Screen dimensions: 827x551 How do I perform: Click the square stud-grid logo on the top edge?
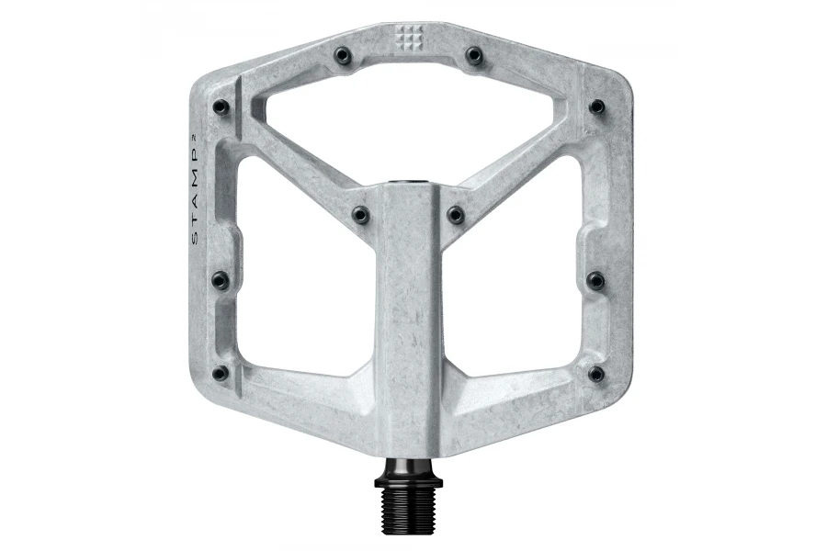click(409, 37)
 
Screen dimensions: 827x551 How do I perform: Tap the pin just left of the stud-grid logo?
click(343, 54)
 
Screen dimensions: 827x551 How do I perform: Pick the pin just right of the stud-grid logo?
click(475, 54)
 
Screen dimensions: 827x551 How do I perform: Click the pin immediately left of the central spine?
click(360, 215)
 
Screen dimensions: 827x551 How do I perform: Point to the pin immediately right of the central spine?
click(456, 215)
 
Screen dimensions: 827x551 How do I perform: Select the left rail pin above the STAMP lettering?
click(221, 107)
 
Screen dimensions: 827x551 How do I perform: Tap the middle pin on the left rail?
click(221, 279)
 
